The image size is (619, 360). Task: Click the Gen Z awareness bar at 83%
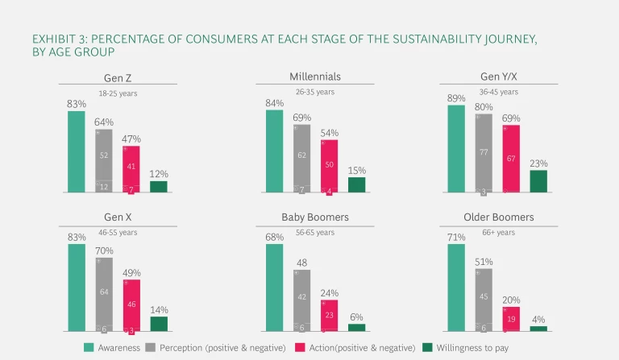click(77, 151)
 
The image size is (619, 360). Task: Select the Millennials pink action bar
click(329, 166)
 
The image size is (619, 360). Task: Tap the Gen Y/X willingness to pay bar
click(538, 181)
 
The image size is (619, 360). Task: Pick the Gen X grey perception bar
click(104, 294)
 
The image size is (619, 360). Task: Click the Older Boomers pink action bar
click(511, 319)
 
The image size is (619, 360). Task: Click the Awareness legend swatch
click(90, 347)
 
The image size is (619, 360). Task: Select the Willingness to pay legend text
click(476, 347)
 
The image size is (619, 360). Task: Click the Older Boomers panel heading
click(499, 217)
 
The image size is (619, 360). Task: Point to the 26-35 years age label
click(314, 92)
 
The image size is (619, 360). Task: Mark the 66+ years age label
click(498, 232)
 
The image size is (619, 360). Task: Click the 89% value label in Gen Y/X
click(456, 98)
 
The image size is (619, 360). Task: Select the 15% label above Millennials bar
click(356, 170)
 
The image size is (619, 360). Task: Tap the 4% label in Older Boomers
click(538, 319)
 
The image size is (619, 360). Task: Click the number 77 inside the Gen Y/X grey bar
click(484, 151)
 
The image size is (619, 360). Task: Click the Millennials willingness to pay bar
click(356, 184)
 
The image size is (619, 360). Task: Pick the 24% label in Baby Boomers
click(330, 293)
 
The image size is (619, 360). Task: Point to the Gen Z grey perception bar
click(104, 161)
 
